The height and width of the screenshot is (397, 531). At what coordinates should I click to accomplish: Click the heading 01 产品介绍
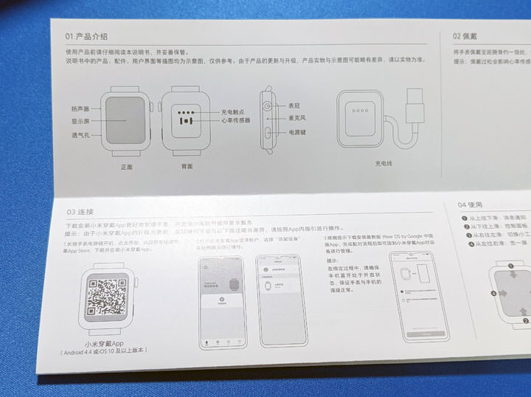pos(86,35)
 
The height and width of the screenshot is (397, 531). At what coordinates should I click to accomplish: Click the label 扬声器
pos(80,108)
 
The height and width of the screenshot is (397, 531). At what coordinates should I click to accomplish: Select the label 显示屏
pos(80,121)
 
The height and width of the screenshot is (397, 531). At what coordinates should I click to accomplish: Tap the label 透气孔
pos(80,135)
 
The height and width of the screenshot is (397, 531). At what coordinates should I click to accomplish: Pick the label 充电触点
pos(234,111)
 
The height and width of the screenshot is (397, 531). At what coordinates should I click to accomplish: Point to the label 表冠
pos(294,106)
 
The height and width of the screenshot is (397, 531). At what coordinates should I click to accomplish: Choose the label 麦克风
pos(296,117)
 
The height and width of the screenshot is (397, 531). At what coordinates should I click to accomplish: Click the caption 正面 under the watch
pos(126,167)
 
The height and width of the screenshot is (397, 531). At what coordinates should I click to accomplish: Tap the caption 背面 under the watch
pos(187,167)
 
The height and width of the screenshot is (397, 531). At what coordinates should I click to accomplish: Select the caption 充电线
pos(384,162)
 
